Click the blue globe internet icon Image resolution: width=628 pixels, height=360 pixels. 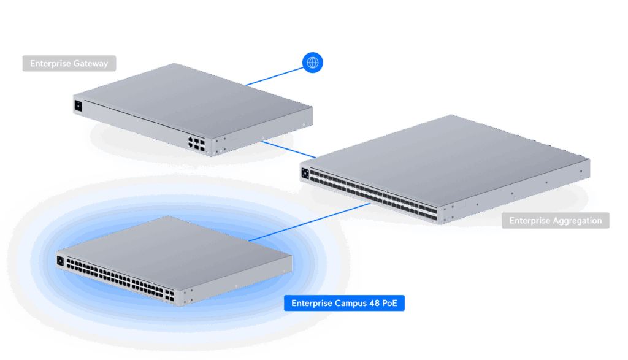coord(313,63)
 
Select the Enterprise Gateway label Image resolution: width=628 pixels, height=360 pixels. coord(69,64)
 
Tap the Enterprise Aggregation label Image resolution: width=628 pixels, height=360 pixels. coord(556,221)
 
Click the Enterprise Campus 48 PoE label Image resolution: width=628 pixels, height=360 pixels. coord(344,303)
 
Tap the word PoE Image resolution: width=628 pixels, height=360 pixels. coord(390,303)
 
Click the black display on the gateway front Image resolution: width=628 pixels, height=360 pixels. coord(78,105)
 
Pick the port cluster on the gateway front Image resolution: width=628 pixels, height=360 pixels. coord(197,144)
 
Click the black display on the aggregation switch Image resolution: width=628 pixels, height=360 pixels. coord(305,172)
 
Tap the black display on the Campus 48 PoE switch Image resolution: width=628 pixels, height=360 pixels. coord(60,261)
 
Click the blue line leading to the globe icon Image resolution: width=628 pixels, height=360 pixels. coord(276,75)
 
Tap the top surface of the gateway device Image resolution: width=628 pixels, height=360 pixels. coord(196,101)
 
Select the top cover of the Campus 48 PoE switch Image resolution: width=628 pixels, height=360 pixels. coord(178,245)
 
